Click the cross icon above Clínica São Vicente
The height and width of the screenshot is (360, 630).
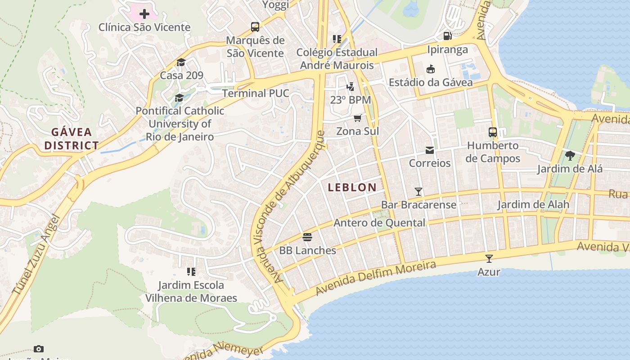144,14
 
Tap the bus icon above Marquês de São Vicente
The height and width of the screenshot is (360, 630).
255,27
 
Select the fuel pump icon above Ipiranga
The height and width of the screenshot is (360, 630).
447,36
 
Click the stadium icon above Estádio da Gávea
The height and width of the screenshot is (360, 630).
431,69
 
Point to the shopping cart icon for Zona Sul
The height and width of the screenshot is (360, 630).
357,118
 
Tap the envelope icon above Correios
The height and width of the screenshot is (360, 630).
430,150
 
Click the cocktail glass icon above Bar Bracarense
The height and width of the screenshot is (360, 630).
418,192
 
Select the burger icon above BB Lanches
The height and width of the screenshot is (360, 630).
307,237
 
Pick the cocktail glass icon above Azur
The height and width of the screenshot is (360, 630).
489,259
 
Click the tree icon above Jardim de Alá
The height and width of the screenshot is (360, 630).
570,156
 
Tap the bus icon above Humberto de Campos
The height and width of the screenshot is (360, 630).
493,132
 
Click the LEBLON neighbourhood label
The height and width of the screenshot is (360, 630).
352,188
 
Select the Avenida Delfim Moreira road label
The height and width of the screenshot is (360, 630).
376,279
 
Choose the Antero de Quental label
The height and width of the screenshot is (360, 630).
379,223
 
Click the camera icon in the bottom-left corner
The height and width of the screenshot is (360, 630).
39,349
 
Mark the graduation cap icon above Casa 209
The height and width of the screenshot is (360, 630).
181,62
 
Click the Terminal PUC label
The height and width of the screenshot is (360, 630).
256,93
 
